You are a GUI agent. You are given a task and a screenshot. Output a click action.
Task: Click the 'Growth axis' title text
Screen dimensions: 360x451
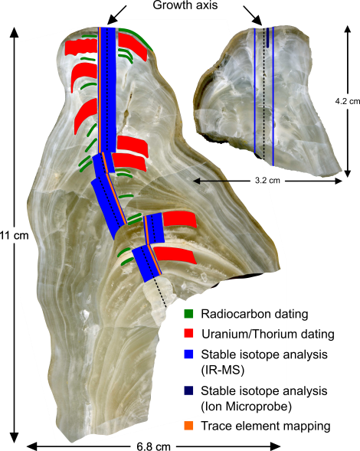pos(185,5)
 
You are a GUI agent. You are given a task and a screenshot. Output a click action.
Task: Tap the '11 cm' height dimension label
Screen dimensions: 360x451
pos(15,235)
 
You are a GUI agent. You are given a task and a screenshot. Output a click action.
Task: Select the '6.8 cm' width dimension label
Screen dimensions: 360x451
pos(154,446)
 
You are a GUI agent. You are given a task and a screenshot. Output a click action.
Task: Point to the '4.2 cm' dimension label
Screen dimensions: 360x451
pos(348,101)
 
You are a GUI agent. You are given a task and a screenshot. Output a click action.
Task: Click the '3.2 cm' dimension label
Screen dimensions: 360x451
pos(267,181)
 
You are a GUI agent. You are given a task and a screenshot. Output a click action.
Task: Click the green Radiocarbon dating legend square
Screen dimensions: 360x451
pos(188,313)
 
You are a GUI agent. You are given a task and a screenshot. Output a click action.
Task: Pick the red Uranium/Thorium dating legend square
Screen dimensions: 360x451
pos(188,334)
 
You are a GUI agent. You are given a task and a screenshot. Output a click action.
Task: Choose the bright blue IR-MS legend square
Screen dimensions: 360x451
pos(188,354)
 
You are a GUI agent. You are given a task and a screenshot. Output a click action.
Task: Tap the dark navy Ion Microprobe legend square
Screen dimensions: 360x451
pos(188,391)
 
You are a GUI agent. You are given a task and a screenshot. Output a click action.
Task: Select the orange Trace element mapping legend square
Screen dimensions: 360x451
pos(188,426)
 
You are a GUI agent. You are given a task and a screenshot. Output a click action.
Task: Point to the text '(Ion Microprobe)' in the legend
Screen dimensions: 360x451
pos(246,407)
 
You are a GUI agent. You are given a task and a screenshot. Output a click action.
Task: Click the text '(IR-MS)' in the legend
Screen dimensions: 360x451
pos(222,370)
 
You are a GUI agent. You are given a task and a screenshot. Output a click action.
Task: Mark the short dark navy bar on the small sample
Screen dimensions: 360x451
pos(268,38)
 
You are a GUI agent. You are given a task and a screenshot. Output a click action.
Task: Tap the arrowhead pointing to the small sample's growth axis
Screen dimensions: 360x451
pos(257,20)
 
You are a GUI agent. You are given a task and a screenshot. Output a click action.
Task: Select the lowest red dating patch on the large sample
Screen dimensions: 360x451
pos(175,255)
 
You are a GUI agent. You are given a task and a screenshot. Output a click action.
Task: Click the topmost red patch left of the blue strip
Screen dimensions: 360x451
pos(81,47)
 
